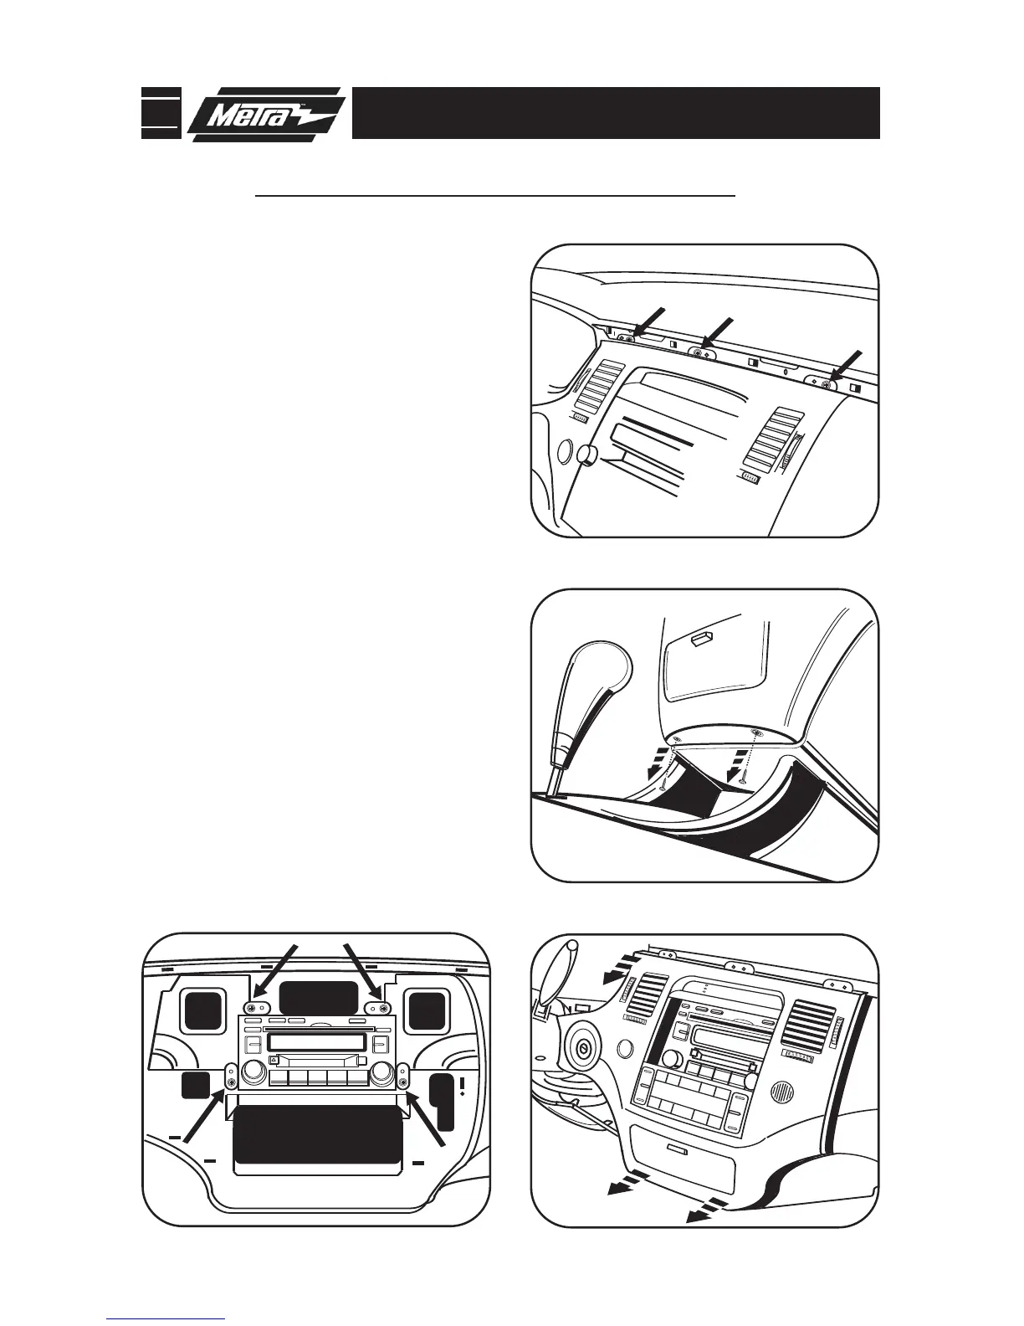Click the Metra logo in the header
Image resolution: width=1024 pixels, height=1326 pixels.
click(266, 115)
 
